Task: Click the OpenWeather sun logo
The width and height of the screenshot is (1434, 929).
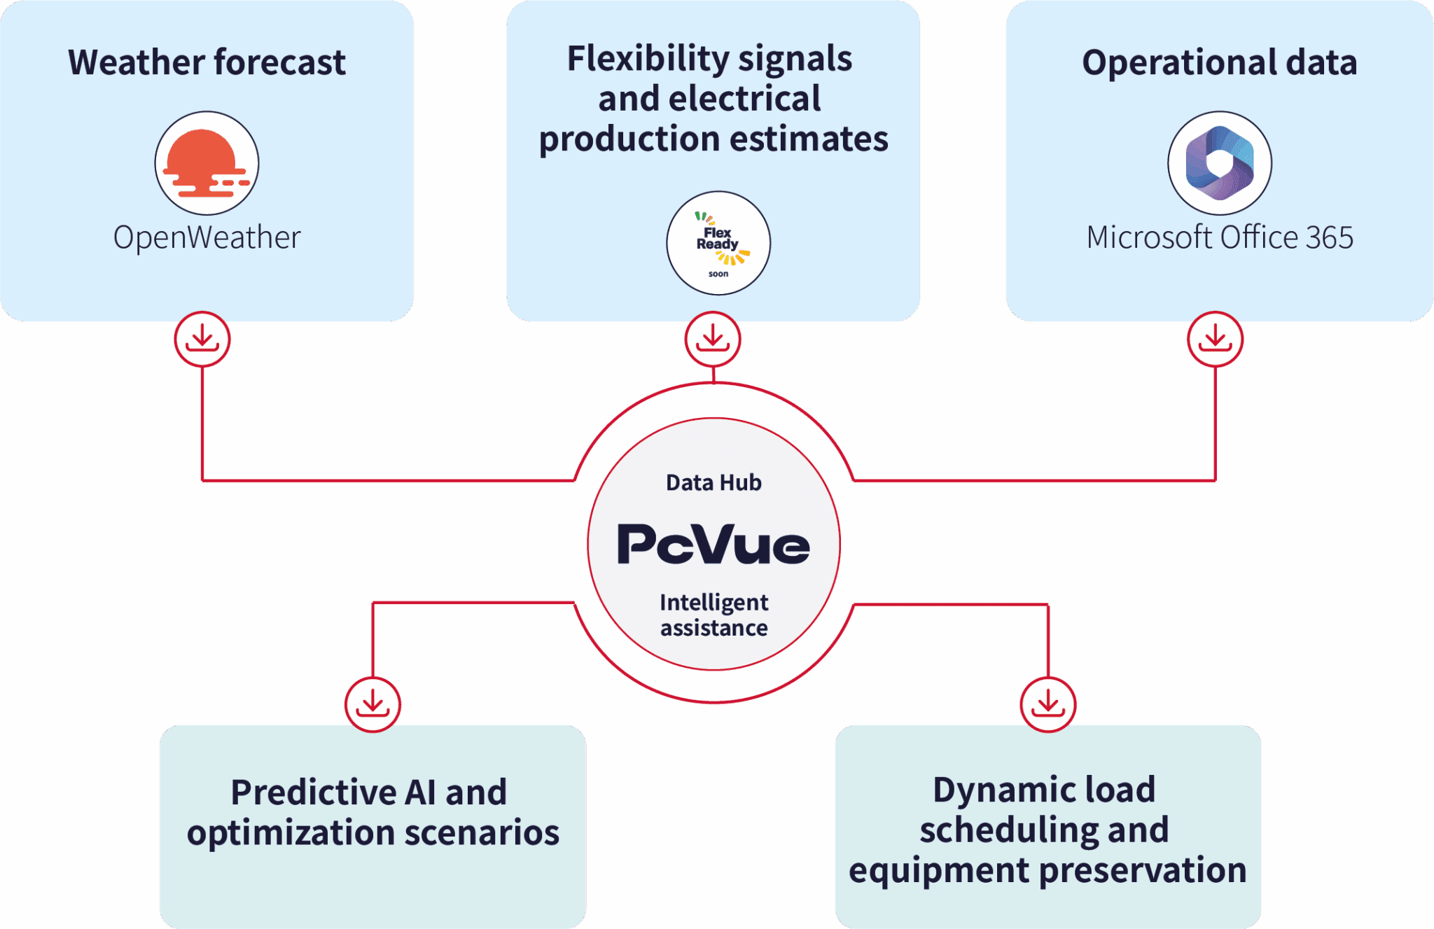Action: pyautogui.click(x=207, y=163)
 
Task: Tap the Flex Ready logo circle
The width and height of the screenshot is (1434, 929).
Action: pyautogui.click(x=718, y=243)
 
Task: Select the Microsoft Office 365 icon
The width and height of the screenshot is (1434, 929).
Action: pyautogui.click(x=1219, y=163)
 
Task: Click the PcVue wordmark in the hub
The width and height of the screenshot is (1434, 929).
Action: pyautogui.click(x=713, y=544)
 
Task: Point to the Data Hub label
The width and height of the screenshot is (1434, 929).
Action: pyautogui.click(x=713, y=482)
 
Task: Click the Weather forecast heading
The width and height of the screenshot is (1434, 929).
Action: pyautogui.click(x=207, y=62)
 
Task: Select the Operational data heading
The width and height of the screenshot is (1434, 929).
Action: pyautogui.click(x=1219, y=62)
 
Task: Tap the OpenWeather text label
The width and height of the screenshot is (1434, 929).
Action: pyautogui.click(x=207, y=237)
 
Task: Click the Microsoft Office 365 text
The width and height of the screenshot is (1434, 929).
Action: pyautogui.click(x=1219, y=237)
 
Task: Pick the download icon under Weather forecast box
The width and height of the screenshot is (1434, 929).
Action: pyautogui.click(x=202, y=340)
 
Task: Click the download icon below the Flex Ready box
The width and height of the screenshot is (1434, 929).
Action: pyautogui.click(x=713, y=340)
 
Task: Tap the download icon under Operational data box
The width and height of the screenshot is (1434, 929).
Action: pyautogui.click(x=1215, y=340)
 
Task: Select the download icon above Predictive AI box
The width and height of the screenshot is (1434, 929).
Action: pyautogui.click(x=373, y=704)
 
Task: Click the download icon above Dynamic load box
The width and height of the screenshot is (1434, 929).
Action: pyautogui.click(x=1047, y=704)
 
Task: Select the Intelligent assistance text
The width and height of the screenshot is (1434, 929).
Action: pyautogui.click(x=713, y=615)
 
